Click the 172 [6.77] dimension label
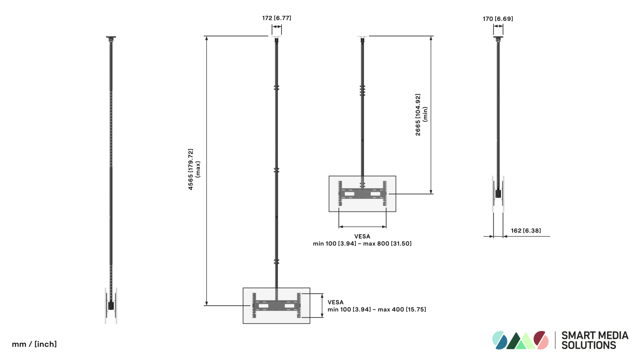[x=277, y=18]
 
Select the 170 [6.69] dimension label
[x=498, y=19]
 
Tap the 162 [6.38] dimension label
[x=526, y=231]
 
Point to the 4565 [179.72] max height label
[x=194, y=169]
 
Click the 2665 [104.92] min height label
[x=421, y=115]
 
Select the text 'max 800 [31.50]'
[x=387, y=244]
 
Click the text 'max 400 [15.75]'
[x=402, y=310]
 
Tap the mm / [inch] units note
[x=34, y=344]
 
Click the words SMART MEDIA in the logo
[x=595, y=335]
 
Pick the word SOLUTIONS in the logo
[x=589, y=345]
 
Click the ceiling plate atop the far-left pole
[x=111, y=37]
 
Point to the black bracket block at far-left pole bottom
[x=111, y=305]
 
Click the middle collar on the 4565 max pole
[x=276, y=170]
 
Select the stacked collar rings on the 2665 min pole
[x=362, y=90]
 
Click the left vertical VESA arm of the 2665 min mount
[x=340, y=193]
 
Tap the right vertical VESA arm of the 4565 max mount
[x=299, y=305]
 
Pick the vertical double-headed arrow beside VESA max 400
[x=322, y=306]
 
